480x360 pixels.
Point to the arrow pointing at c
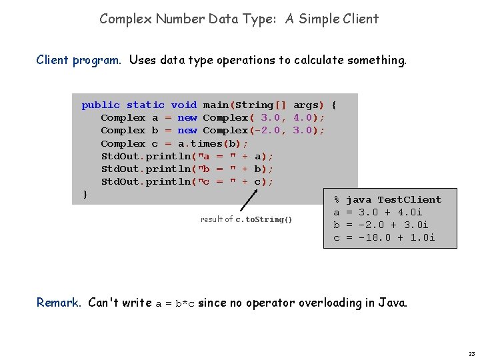(247, 200)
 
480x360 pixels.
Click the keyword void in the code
(183, 105)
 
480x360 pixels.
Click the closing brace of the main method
(85, 194)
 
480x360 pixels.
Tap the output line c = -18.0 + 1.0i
(384, 237)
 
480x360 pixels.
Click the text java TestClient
(393, 199)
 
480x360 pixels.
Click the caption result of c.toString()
(246, 219)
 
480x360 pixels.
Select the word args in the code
(306, 105)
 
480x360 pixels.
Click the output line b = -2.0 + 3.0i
(381, 225)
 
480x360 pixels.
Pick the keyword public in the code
(101, 105)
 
